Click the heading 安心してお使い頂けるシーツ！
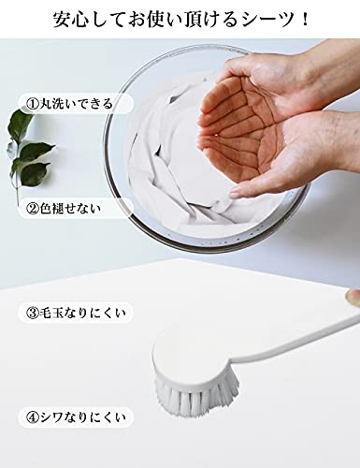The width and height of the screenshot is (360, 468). [x=180, y=20]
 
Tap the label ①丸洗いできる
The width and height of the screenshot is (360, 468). [x=69, y=104]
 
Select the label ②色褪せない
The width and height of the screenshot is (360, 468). [x=64, y=209]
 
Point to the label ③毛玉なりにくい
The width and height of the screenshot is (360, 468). [x=76, y=313]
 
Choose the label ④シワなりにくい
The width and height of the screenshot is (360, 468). [x=76, y=417]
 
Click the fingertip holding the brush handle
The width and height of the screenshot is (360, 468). [x=353, y=297]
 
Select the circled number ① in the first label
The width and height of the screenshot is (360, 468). [x=33, y=104]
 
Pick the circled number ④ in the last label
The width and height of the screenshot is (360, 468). [x=33, y=417]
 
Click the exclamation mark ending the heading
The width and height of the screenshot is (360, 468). [x=305, y=20]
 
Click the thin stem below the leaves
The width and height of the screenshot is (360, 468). [x=17, y=194]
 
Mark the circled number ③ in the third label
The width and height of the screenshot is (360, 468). [x=33, y=313]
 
